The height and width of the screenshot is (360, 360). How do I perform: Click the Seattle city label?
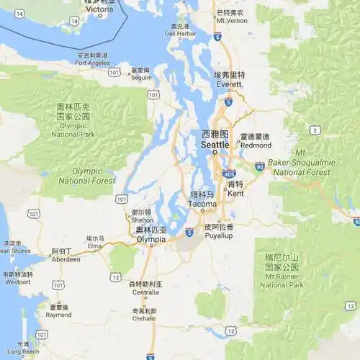(x=215, y=144)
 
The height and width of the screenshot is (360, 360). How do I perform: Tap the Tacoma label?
(x=202, y=204)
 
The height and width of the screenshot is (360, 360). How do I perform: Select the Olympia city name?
(x=150, y=238)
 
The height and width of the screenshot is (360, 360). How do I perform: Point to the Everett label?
(x=230, y=84)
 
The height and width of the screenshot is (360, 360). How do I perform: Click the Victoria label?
(x=99, y=9)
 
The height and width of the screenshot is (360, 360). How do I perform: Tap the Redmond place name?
(x=256, y=145)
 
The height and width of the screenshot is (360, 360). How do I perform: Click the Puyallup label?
(x=219, y=235)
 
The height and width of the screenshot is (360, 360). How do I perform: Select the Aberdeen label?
(x=66, y=259)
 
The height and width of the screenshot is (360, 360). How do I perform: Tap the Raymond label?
(x=58, y=315)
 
